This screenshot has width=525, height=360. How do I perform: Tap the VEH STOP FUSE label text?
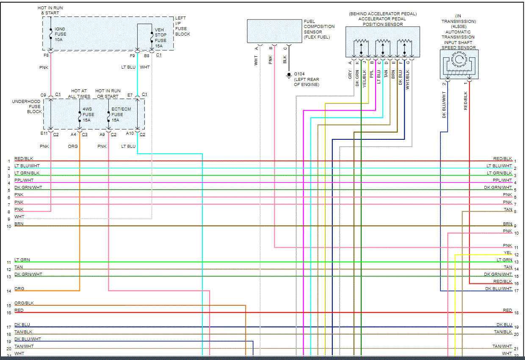pyautogui.click(x=160, y=35)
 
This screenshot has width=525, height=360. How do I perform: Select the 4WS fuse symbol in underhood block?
pyautogui.click(x=80, y=114)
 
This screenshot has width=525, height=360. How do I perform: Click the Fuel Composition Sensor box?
pyautogui.click(x=274, y=31)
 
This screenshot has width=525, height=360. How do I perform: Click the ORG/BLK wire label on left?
pyautogui.click(x=24, y=303)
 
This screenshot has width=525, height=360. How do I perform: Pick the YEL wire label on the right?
pyautogui.click(x=508, y=253)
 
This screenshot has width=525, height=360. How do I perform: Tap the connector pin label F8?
pyautogui.click(x=46, y=55)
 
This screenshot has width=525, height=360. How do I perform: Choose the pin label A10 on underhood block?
pyautogui.click(x=130, y=134)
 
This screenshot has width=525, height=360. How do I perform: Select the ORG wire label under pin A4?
pyautogui.click(x=73, y=147)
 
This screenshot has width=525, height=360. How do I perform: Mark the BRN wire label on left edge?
pyautogui.click(x=19, y=224)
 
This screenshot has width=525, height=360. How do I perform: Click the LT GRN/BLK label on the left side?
pyautogui.click(x=27, y=173)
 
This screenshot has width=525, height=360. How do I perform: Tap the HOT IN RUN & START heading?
pyautogui.click(x=50, y=11)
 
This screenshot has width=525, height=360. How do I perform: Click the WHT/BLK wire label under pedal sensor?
pyautogui.click(x=408, y=79)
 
